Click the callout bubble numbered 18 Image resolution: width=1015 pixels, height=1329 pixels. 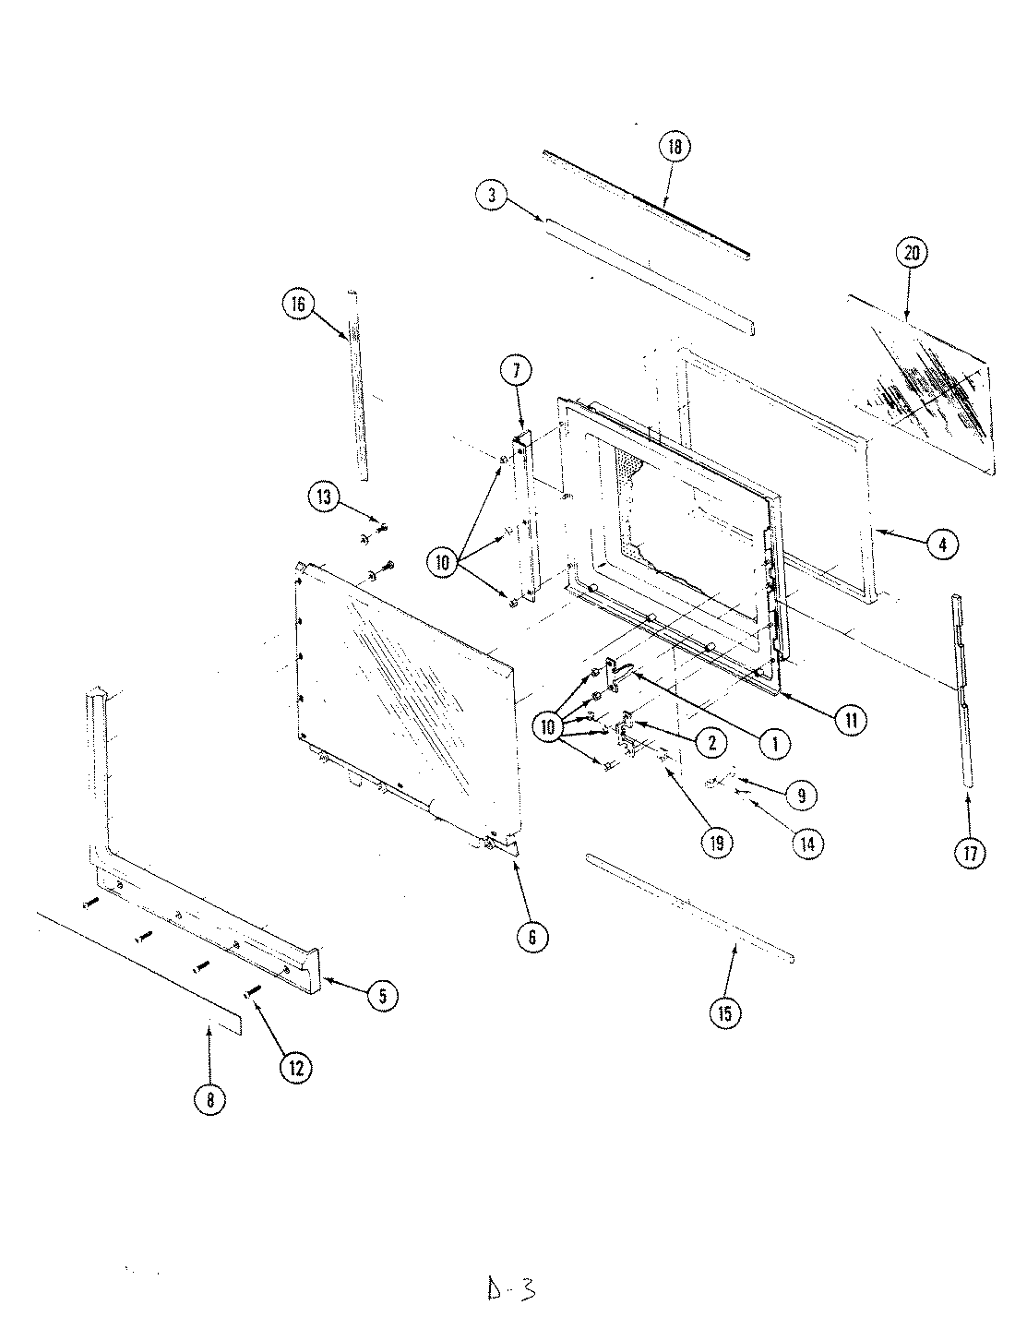[x=675, y=148]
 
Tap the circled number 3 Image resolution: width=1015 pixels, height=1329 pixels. [x=492, y=195]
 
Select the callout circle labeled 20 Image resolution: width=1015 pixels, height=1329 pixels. [x=912, y=254]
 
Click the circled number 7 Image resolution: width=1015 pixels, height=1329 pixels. [x=516, y=372]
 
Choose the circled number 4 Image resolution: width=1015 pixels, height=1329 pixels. [x=942, y=545]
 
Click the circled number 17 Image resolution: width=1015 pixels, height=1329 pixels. [x=970, y=853]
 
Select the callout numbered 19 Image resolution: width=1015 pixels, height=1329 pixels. [x=715, y=842]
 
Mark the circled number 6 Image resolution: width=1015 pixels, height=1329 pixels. [x=533, y=937]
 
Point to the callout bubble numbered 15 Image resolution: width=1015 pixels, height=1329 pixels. [x=723, y=1013]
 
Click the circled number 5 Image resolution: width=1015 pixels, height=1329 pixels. [x=382, y=994]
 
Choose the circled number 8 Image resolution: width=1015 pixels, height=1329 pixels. [x=209, y=1100]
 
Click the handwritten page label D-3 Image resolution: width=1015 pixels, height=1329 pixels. [x=510, y=1287]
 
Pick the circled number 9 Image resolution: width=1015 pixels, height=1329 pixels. [x=801, y=795]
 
